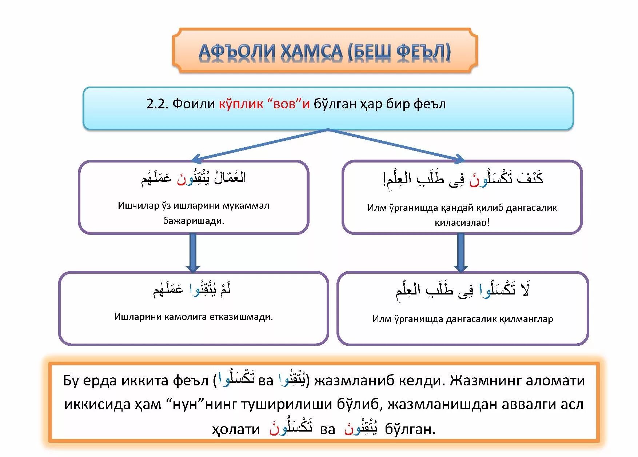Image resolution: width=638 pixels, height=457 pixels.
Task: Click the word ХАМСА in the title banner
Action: point(311,52)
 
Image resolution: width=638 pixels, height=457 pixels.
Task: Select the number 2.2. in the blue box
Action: point(157,104)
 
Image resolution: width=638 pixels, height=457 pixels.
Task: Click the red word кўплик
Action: point(241,104)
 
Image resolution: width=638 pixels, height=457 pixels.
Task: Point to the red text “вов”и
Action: point(288,104)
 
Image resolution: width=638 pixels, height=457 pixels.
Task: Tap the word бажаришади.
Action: point(194,221)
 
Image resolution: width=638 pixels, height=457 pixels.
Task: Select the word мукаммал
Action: point(246,206)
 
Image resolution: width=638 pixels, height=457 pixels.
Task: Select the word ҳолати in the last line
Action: point(236,430)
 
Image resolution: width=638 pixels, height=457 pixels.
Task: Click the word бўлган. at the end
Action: point(410,430)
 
